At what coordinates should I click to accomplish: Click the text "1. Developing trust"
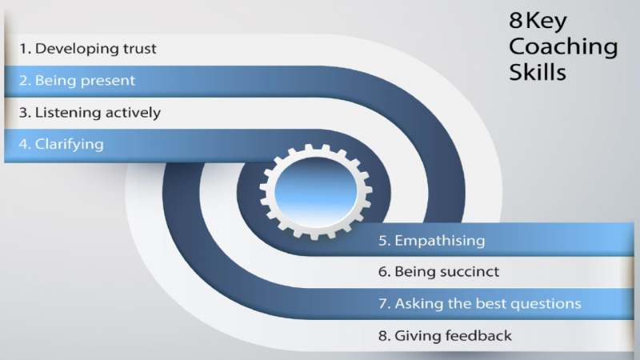tap(88, 48)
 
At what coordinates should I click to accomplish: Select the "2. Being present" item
tap(78, 81)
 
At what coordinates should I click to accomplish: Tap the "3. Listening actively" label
tap(90, 113)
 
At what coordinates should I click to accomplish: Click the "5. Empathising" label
tap(432, 240)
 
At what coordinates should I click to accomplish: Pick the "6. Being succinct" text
tap(439, 272)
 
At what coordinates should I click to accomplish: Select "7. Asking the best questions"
tap(480, 304)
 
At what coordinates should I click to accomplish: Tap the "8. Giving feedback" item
tap(445, 336)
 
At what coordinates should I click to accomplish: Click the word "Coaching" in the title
tap(563, 48)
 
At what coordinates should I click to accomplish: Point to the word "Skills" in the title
tap(538, 73)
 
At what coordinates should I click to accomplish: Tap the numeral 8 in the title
tap(517, 22)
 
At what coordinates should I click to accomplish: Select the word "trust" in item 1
tap(138, 48)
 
